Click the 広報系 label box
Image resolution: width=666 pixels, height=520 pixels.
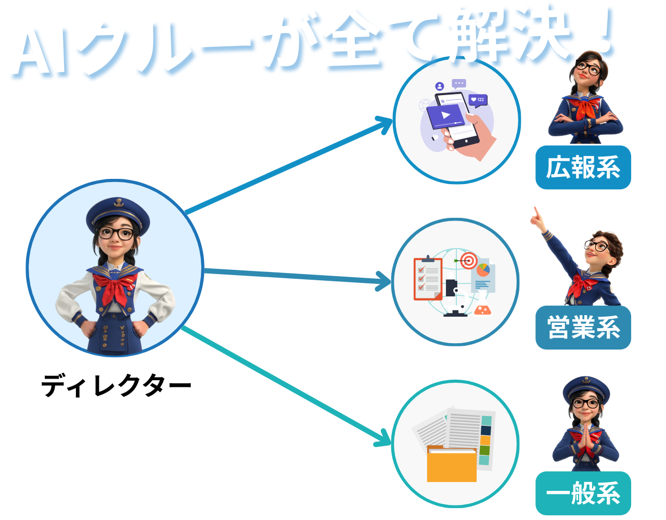point(583,167)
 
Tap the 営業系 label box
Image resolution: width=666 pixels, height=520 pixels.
point(583,328)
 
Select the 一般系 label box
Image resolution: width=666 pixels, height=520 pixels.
point(583,493)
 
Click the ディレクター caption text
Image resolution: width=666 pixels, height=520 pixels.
point(116,385)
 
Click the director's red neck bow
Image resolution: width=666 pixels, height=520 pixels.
point(115,288)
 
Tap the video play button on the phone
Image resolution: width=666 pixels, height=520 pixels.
point(446,115)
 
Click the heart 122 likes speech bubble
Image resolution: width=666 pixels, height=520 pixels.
point(478,100)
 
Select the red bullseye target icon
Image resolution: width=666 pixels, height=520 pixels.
point(469,261)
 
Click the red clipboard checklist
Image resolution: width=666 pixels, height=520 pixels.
point(428,278)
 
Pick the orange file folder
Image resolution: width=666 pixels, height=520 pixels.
point(452,464)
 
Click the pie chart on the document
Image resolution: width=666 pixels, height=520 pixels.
point(483,270)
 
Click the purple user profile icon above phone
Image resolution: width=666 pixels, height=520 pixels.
point(440,86)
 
